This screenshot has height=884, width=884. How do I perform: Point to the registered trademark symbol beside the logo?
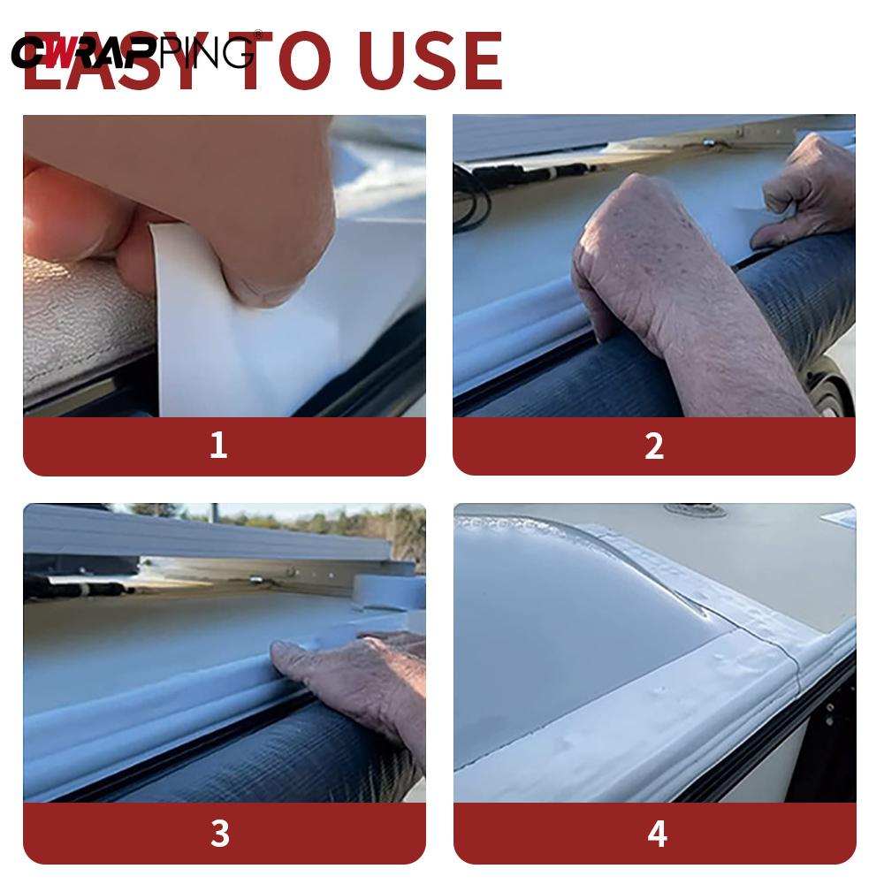click(258, 34)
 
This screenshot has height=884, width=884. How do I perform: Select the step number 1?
click(218, 446)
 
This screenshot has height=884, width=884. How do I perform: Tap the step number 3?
click(219, 833)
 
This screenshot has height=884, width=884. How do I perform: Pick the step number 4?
click(656, 833)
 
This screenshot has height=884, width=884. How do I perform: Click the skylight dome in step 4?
click(566, 619)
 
